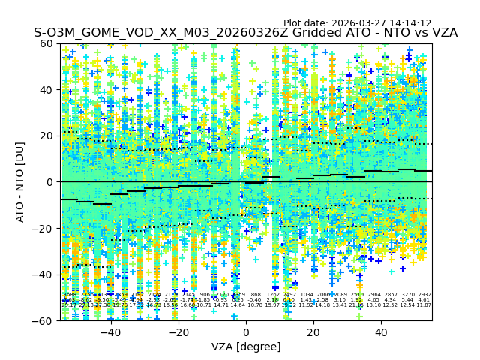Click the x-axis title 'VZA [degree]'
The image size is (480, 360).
tap(246, 346)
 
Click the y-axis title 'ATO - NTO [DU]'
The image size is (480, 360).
tap(20, 182)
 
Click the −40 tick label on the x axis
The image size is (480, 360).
tap(110, 331)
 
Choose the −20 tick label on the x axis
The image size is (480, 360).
tap(178, 331)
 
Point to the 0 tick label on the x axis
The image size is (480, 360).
tap(246, 331)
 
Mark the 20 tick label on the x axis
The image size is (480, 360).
tap(313, 331)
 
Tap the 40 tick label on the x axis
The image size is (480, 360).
tap(381, 331)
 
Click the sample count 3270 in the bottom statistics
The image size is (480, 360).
tap(408, 295)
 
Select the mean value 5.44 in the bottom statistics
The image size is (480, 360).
tap(407, 300)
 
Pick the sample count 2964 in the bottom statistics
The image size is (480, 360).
tap(374, 295)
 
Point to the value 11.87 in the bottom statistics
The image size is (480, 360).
tap(424, 305)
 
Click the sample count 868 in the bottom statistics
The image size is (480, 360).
tap(256, 295)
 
